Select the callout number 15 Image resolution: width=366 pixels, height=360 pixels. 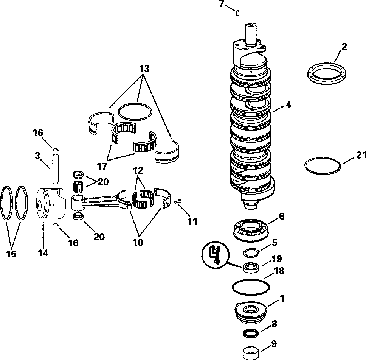coord(12,254)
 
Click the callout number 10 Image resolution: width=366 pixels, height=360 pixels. coord(138,242)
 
